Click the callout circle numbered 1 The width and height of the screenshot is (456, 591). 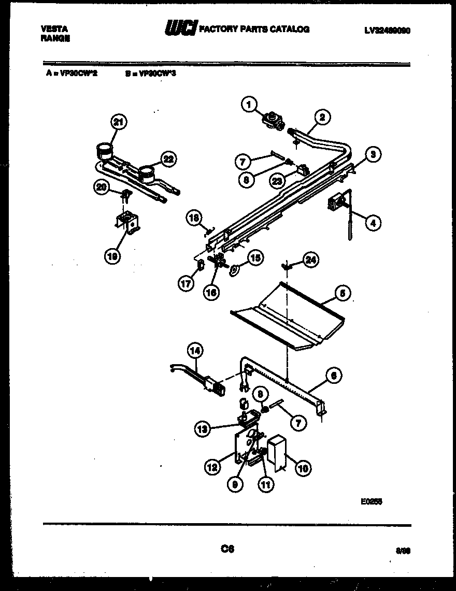pyautogui.click(x=249, y=106)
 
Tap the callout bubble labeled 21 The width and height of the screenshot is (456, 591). pyautogui.click(x=119, y=123)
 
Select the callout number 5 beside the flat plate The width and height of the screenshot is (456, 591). pyautogui.click(x=340, y=294)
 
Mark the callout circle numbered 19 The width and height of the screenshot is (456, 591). pyautogui.click(x=111, y=255)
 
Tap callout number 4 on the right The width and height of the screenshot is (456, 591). pyautogui.click(x=372, y=223)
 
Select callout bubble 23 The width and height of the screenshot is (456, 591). pyautogui.click(x=278, y=181)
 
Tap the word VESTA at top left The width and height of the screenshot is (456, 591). pyautogui.click(x=54, y=30)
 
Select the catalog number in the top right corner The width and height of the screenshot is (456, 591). pyautogui.click(x=387, y=31)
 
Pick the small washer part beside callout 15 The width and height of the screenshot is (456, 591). pyautogui.click(x=234, y=269)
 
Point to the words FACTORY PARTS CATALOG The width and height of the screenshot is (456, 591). pyautogui.click(x=254, y=30)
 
